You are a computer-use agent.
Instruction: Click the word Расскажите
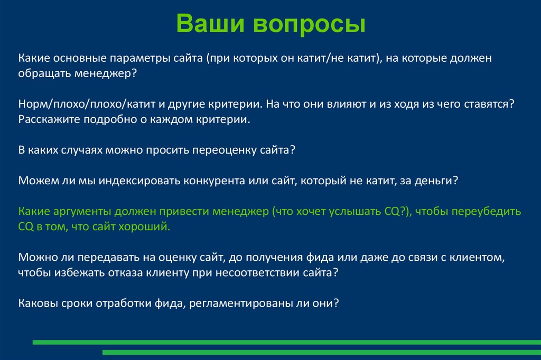click(46, 120)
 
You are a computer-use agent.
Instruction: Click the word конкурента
click(214, 181)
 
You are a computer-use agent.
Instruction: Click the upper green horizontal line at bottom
click(285, 342)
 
